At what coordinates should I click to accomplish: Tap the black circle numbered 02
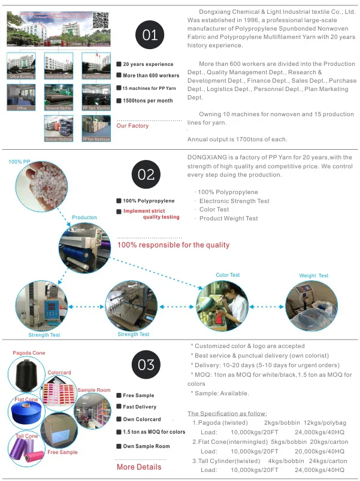tap(146, 174)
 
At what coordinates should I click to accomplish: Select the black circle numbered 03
tap(146, 365)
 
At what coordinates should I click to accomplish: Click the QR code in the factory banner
tap(101, 20)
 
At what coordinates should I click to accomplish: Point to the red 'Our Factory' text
tap(132, 126)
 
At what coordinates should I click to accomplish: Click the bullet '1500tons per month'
tap(147, 101)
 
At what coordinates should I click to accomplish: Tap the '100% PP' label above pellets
tap(20, 162)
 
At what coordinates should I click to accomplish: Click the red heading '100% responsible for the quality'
tap(173, 245)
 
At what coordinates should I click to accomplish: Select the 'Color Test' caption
tap(228, 275)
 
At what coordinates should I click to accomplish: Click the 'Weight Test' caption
tap(314, 276)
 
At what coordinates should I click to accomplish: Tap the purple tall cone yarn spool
tap(26, 452)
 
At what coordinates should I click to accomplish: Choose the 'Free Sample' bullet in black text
tap(138, 395)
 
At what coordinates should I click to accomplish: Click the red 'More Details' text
tap(139, 467)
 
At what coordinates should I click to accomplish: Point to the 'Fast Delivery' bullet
tap(140, 407)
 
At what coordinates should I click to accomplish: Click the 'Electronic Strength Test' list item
tap(226, 201)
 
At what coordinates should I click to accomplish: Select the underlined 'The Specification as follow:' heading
tap(228, 413)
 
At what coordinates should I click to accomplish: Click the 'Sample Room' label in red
tap(94, 390)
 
